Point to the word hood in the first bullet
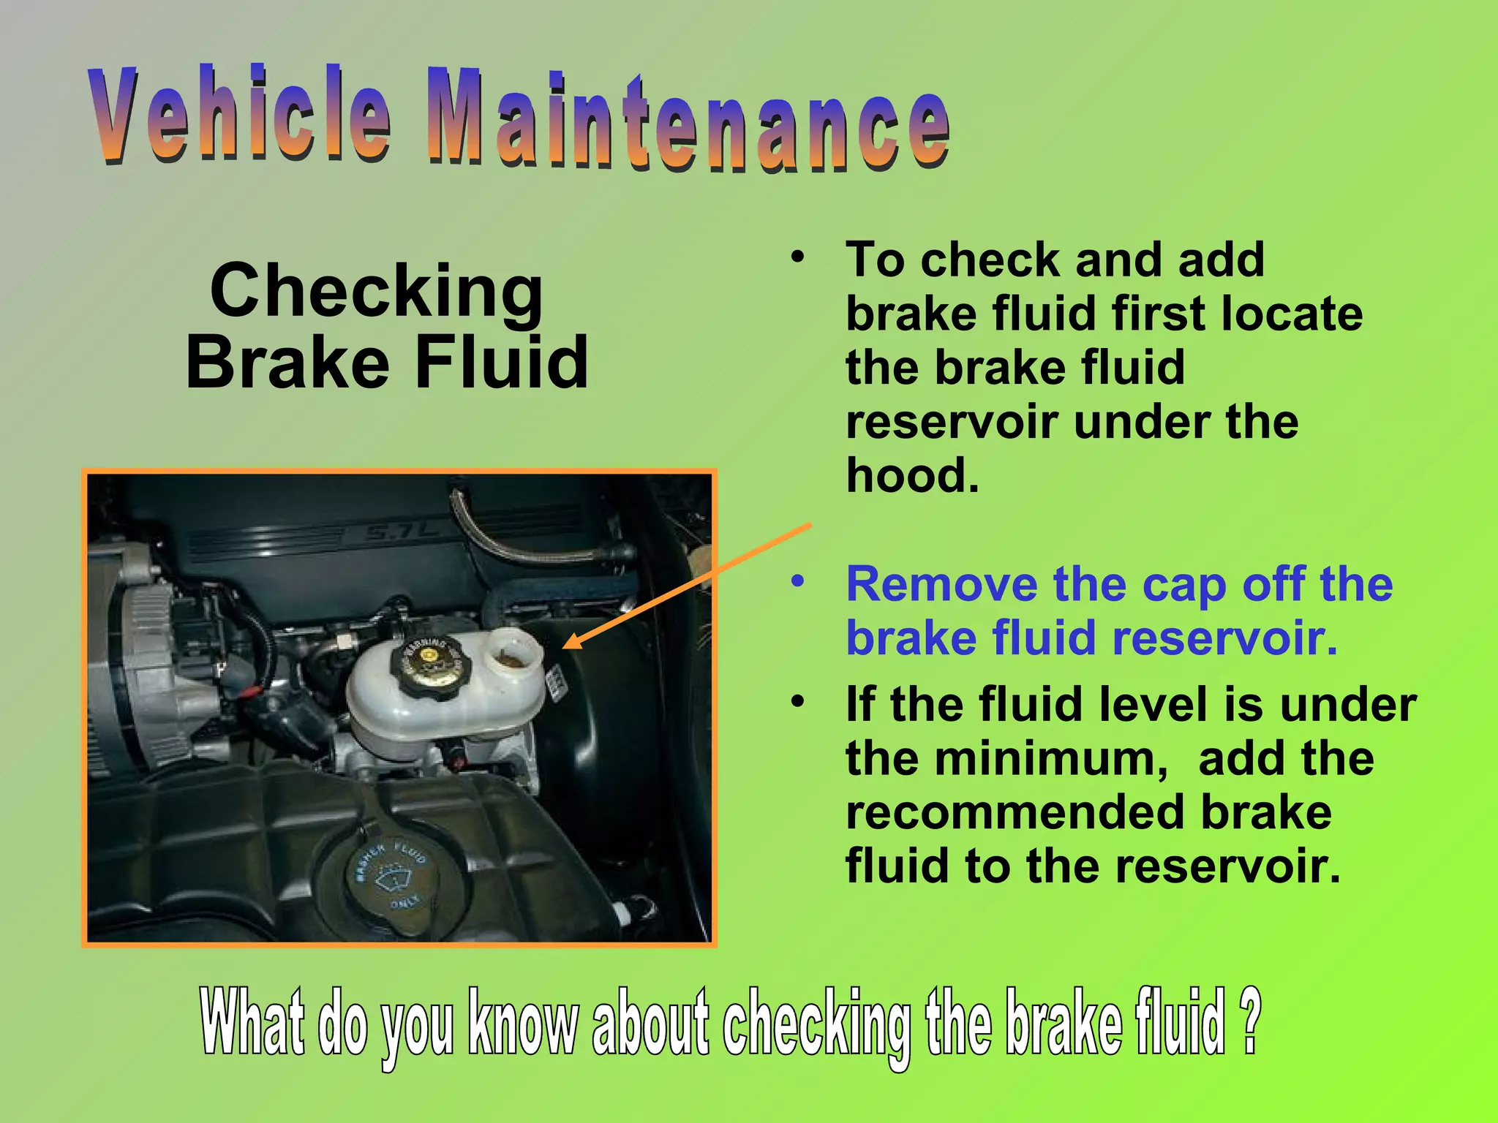pos(911,475)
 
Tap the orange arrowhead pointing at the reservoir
pos(573,642)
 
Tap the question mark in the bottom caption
pos(1252,1020)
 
